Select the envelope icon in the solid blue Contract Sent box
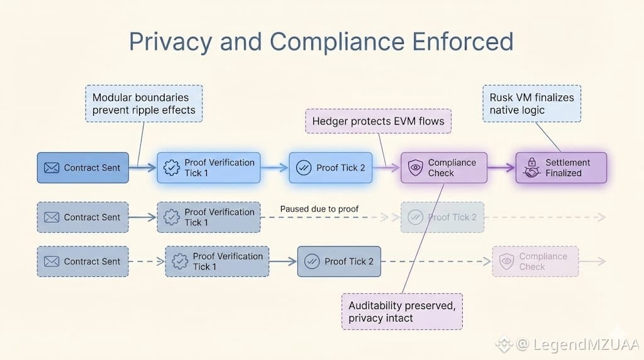(x=52, y=168)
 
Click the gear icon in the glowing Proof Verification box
(x=171, y=168)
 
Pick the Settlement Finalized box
(x=561, y=168)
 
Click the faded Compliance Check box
(x=535, y=262)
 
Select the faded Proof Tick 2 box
(x=443, y=218)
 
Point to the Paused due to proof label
(x=319, y=208)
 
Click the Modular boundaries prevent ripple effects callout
(x=143, y=104)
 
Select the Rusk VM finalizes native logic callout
(x=532, y=104)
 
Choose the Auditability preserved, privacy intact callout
(x=402, y=312)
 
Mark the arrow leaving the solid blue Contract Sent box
(x=142, y=168)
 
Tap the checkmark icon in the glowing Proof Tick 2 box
(x=303, y=168)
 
